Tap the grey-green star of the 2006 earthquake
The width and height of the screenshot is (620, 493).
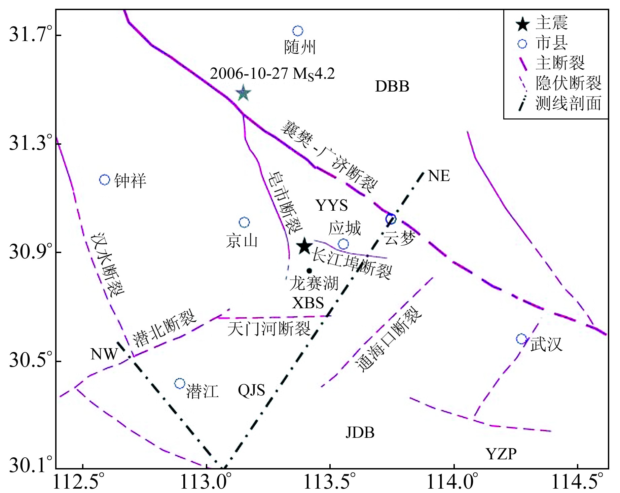(x=243, y=93)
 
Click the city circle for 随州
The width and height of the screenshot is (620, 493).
(x=298, y=31)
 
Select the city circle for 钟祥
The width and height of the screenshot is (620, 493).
(x=105, y=180)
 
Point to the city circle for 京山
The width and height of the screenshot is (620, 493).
(x=244, y=222)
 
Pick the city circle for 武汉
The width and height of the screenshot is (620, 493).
(x=521, y=339)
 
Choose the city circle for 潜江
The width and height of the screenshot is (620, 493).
(x=180, y=383)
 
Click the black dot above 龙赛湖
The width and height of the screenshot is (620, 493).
(x=309, y=271)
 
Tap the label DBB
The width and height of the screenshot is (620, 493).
(x=392, y=86)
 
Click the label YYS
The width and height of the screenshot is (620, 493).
(x=331, y=205)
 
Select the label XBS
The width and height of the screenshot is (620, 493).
(x=308, y=303)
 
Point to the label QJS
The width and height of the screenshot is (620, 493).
(x=251, y=390)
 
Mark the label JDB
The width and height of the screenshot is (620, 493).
(x=360, y=432)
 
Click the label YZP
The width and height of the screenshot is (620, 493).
(x=501, y=454)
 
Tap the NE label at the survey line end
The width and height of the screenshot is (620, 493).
(x=439, y=176)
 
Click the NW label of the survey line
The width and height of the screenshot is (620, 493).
(x=104, y=354)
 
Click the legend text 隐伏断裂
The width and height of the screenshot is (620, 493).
(x=568, y=83)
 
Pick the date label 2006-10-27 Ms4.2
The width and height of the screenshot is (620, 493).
(x=272, y=74)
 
